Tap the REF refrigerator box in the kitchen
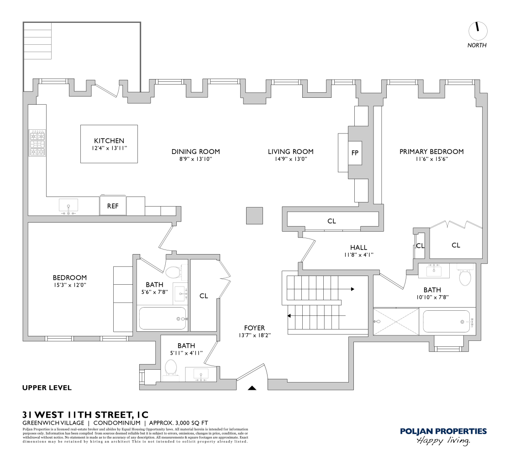click(113, 206)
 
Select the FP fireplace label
click(355, 153)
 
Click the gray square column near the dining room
click(255, 216)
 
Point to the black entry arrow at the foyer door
click(252, 388)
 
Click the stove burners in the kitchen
click(37, 143)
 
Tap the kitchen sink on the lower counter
click(68, 206)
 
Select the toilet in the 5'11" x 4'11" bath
click(171, 367)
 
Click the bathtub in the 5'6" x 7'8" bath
click(163, 319)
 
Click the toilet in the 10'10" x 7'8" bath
click(465, 277)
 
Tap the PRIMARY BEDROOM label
click(431, 152)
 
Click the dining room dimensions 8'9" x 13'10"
click(195, 159)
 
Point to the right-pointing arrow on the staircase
click(352, 289)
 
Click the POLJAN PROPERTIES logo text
click(443, 431)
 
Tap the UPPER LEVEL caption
click(47, 388)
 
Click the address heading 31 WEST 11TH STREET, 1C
click(85, 415)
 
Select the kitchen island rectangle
click(110, 143)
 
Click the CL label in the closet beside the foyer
click(204, 296)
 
